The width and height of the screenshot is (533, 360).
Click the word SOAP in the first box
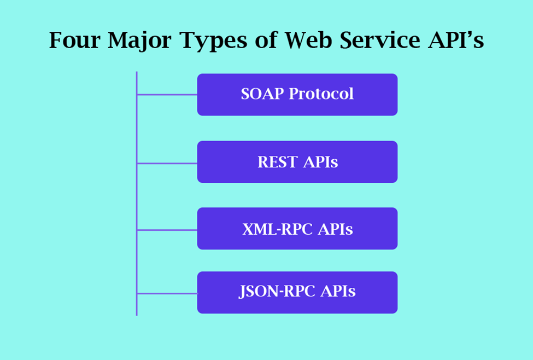[x=262, y=94]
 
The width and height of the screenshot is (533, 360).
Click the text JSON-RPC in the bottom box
[x=273, y=292]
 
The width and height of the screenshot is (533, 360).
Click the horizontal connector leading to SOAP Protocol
[x=167, y=95]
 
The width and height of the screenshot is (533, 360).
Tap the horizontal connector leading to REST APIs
[x=167, y=163]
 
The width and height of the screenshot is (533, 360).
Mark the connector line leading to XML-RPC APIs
[x=167, y=230]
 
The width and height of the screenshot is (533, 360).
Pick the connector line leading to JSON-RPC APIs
[x=167, y=293]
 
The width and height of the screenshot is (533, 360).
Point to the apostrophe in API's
[x=472, y=34]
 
